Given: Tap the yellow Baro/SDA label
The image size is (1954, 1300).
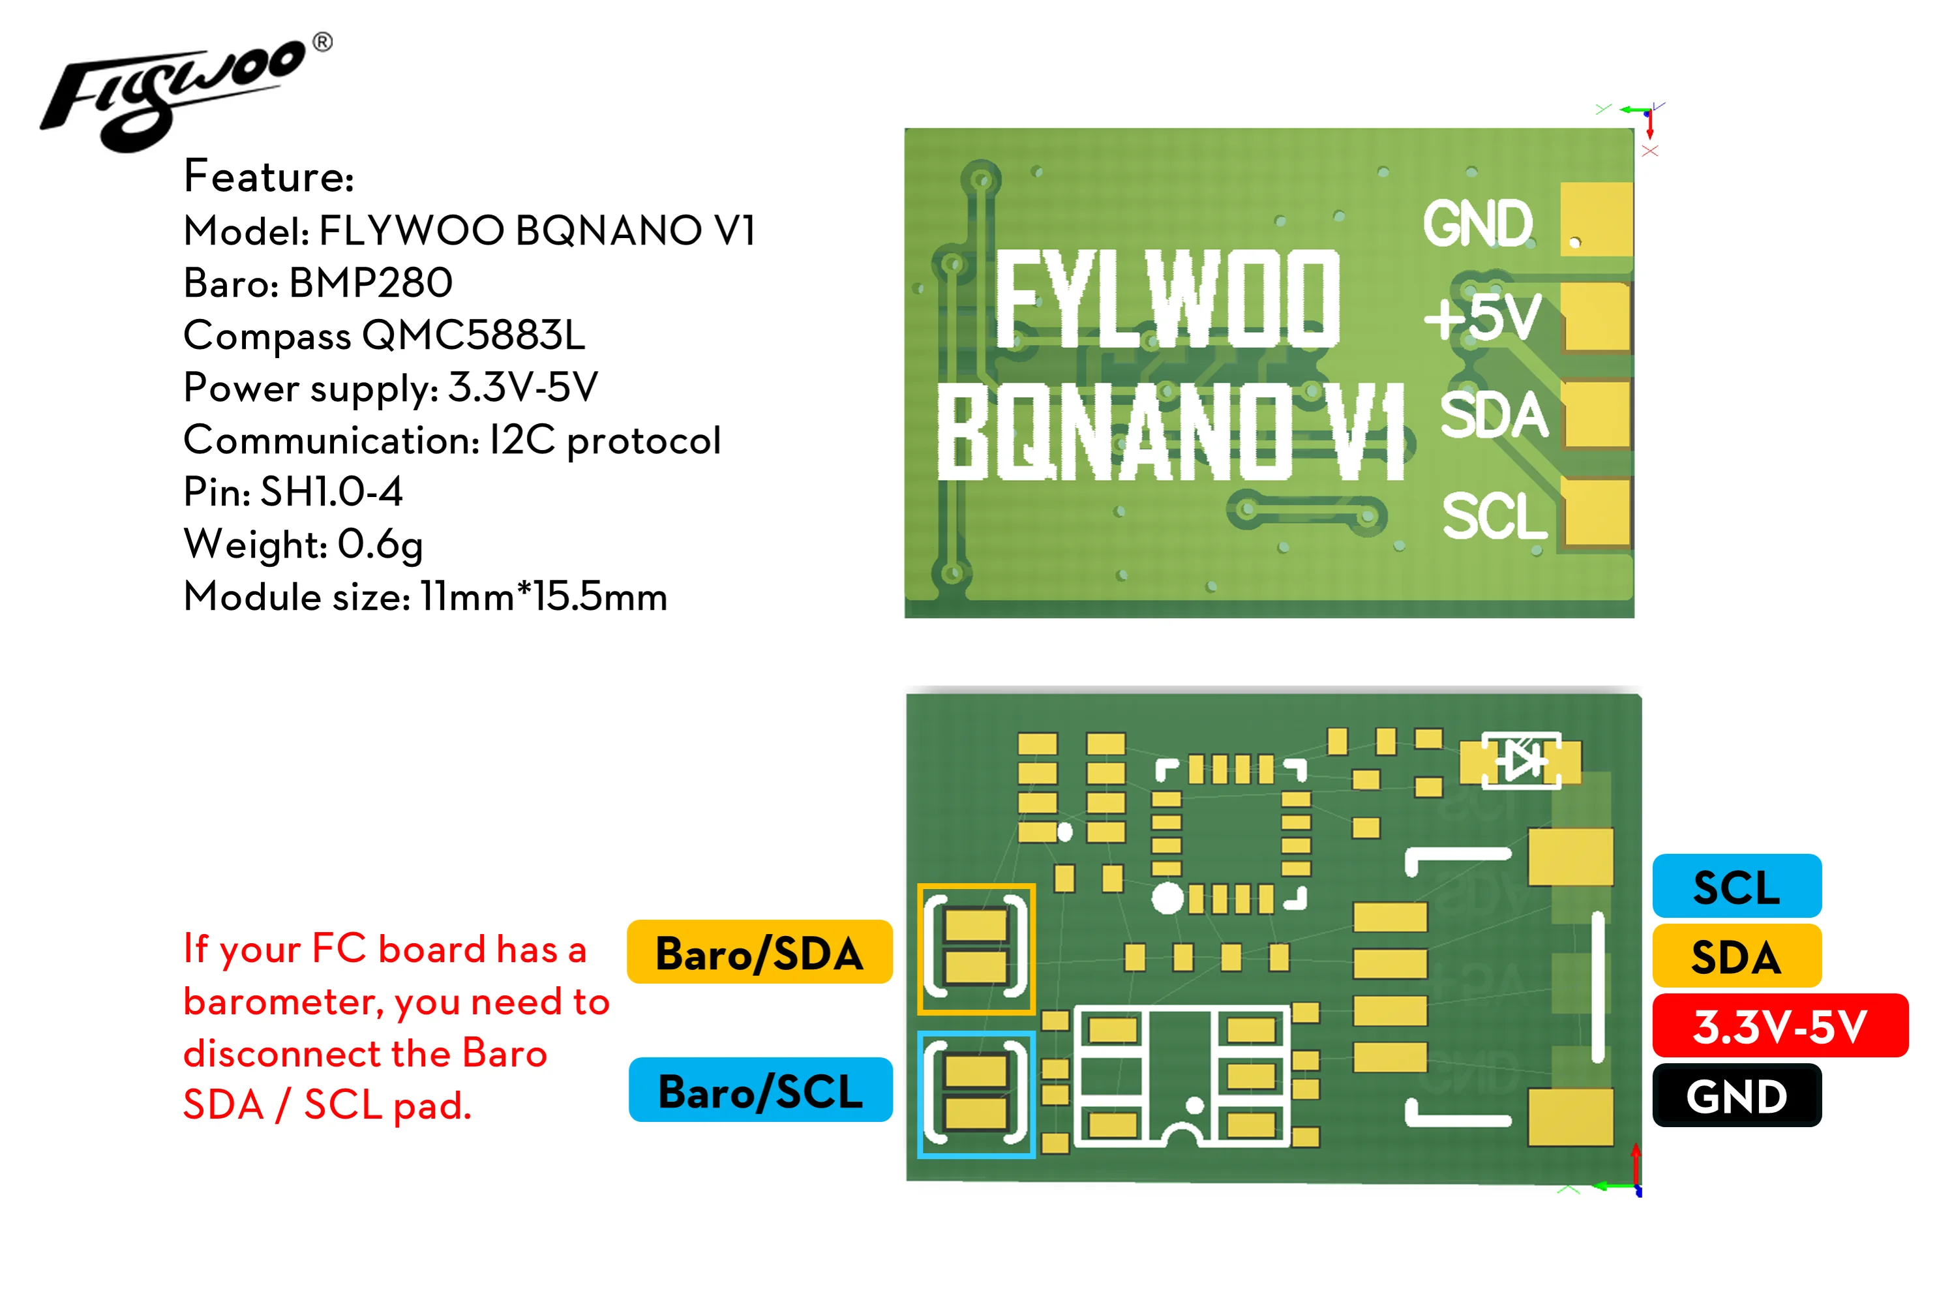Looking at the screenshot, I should click(x=759, y=952).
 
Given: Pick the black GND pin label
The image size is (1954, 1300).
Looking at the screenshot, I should click(x=1736, y=1095).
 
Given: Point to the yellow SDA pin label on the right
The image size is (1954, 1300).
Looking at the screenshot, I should click(x=1736, y=956).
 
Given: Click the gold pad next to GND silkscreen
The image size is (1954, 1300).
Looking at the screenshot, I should click(x=1595, y=220).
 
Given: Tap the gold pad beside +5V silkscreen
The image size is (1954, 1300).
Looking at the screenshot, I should click(x=1597, y=317).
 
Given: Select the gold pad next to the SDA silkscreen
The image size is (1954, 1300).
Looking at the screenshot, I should click(x=1597, y=415).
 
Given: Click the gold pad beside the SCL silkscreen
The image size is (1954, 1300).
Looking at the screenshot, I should click(x=1597, y=513).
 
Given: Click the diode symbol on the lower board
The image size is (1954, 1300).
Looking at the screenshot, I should click(x=1520, y=759).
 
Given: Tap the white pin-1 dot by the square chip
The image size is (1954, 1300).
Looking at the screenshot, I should click(x=1167, y=898).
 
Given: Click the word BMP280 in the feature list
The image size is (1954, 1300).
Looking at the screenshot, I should click(x=370, y=282).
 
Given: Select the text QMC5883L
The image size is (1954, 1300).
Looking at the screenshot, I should click(x=473, y=335).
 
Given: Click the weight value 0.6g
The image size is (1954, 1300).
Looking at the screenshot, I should click(x=380, y=544).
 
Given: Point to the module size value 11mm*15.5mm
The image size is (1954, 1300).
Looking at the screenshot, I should click(x=543, y=596).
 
